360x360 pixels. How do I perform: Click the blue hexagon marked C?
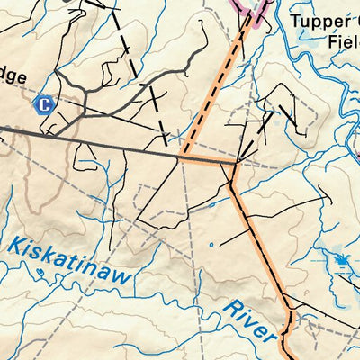tap(42, 105)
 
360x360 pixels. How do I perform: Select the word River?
tap(248, 322)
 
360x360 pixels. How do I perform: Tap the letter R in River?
tap(227, 308)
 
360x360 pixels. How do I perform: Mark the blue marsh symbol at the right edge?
tap(342, 262)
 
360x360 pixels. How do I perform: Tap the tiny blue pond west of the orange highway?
tap(211, 244)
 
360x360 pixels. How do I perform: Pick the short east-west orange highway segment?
tap(209, 161)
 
